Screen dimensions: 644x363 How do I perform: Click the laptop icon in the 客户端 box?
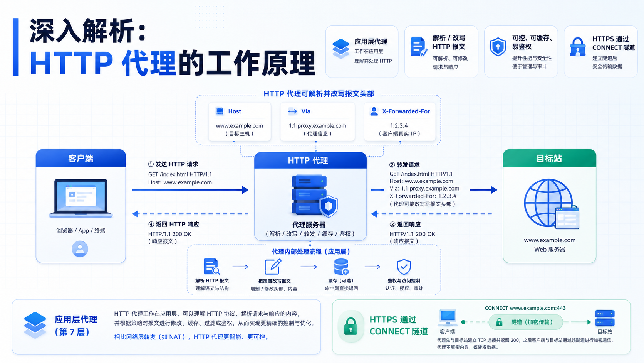pos(81,198)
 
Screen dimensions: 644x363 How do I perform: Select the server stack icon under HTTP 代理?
pos(315,196)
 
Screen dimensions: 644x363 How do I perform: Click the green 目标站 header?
pos(549,158)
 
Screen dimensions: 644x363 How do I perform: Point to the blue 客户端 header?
pos(81,158)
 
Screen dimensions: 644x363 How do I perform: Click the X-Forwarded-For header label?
pos(406,111)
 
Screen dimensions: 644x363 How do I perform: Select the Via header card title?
pos(305,111)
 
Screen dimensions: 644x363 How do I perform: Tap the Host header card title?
pos(235,111)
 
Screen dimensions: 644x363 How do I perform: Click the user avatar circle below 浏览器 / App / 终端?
pos(80,249)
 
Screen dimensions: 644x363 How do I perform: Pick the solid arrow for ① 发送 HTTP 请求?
pos(190,190)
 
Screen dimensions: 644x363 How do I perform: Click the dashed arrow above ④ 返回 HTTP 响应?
pos(190,214)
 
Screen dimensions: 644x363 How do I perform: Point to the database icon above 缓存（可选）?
pos(341,267)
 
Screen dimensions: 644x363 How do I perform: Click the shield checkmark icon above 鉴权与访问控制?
pos(404,267)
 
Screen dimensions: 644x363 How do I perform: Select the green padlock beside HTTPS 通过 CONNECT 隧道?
pos(351,326)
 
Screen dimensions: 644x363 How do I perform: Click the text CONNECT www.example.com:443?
pos(525,308)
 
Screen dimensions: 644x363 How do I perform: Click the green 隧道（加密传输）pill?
pos(525,322)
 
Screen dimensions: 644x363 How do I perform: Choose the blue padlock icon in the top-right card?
pos(578,47)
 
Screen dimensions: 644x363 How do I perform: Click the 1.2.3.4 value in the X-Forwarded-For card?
pos(399,125)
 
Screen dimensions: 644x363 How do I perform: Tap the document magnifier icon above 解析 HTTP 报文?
pos(211,266)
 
